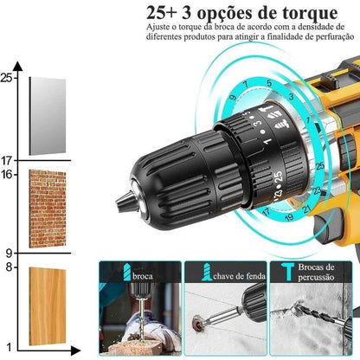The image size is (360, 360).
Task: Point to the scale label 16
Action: point(9,174)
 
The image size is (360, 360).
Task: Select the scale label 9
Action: point(9,254)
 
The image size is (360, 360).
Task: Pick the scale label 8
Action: point(9,267)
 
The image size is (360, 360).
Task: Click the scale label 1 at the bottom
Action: point(9,345)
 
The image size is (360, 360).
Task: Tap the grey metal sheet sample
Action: point(47,116)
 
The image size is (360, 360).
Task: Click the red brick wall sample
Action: point(47,209)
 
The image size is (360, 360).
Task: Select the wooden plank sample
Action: point(47,306)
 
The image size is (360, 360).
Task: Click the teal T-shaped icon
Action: point(285,271)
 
